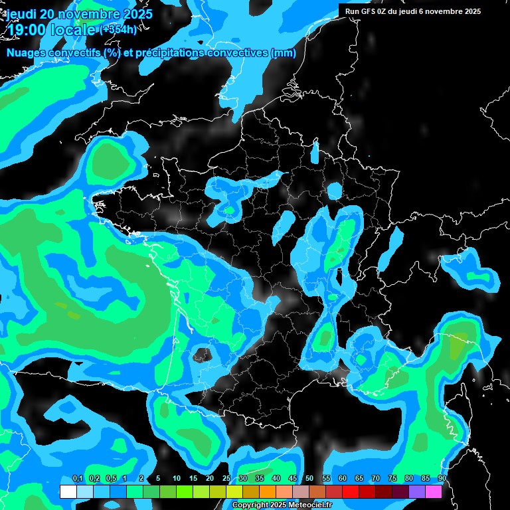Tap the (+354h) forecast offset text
pyautogui.click(x=118, y=30)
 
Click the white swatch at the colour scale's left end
pyautogui.click(x=68, y=491)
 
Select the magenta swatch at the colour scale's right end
pyautogui.click(x=434, y=491)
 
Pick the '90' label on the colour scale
pyautogui.click(x=442, y=479)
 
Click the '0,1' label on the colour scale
pyautogui.click(x=77, y=479)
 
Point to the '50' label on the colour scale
pyautogui.click(x=309, y=479)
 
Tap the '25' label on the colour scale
pyautogui.click(x=226, y=479)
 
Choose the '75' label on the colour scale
pyautogui.click(x=392, y=479)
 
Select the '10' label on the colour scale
pyautogui.click(x=177, y=479)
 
